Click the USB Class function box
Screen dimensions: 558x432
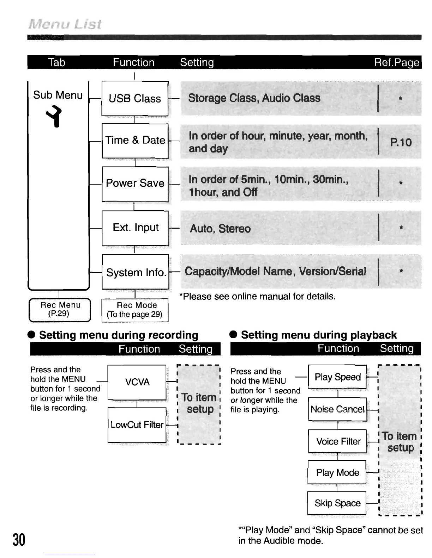pos(135,98)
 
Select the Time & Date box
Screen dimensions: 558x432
pos(135,141)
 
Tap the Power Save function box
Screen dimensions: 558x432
pos(135,184)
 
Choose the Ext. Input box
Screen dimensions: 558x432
pos(135,228)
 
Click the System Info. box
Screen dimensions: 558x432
pos(136,272)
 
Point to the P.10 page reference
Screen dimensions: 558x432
pos(401,142)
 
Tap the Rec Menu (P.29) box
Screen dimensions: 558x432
pos(60,310)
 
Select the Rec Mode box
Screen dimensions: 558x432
pos(135,310)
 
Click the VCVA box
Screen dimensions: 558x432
pos(137,382)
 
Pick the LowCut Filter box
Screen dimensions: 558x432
pos(137,425)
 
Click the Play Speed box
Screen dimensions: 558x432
pos(337,377)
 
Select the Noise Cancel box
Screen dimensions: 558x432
pos(337,409)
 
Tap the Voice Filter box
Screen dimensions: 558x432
pos(338,441)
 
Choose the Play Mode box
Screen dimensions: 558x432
pos(337,472)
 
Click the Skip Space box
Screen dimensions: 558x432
pos(337,503)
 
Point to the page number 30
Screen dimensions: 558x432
pos(19,540)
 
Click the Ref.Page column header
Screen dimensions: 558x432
pos(397,62)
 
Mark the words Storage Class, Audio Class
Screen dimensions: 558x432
pos(254,98)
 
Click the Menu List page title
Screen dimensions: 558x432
pos(65,24)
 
